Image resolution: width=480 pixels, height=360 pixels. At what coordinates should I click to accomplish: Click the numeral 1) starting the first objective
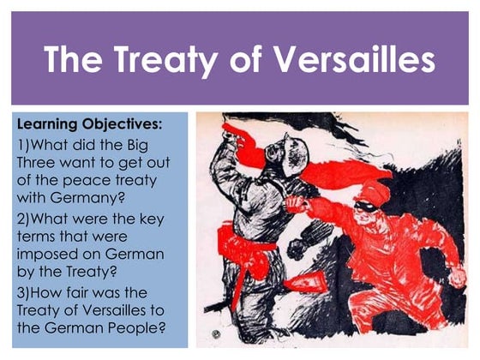pyautogui.click(x=24, y=145)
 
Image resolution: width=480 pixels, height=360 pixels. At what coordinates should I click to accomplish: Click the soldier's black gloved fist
pyautogui.click(x=299, y=249)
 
